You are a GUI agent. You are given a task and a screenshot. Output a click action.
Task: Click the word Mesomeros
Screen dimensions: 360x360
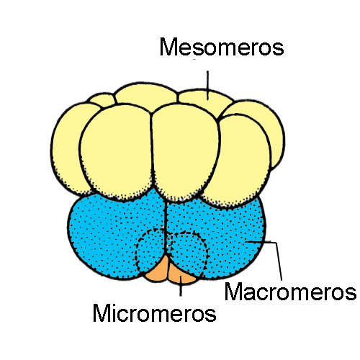222,47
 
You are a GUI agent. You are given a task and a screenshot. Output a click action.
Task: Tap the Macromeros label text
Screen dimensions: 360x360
290,291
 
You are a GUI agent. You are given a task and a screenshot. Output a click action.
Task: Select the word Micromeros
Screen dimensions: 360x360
154,312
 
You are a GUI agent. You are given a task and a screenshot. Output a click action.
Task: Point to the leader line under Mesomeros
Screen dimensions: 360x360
207,85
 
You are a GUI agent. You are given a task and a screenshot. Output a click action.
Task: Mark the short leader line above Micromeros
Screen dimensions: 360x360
181,286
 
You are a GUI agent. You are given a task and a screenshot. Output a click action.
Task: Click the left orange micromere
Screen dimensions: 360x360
157,269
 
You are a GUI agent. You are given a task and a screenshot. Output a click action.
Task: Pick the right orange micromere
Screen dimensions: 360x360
181,274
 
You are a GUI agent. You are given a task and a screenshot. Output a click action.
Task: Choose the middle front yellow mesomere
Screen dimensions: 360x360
185,151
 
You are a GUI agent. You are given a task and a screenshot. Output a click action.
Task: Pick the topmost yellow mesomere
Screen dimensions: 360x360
146,96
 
